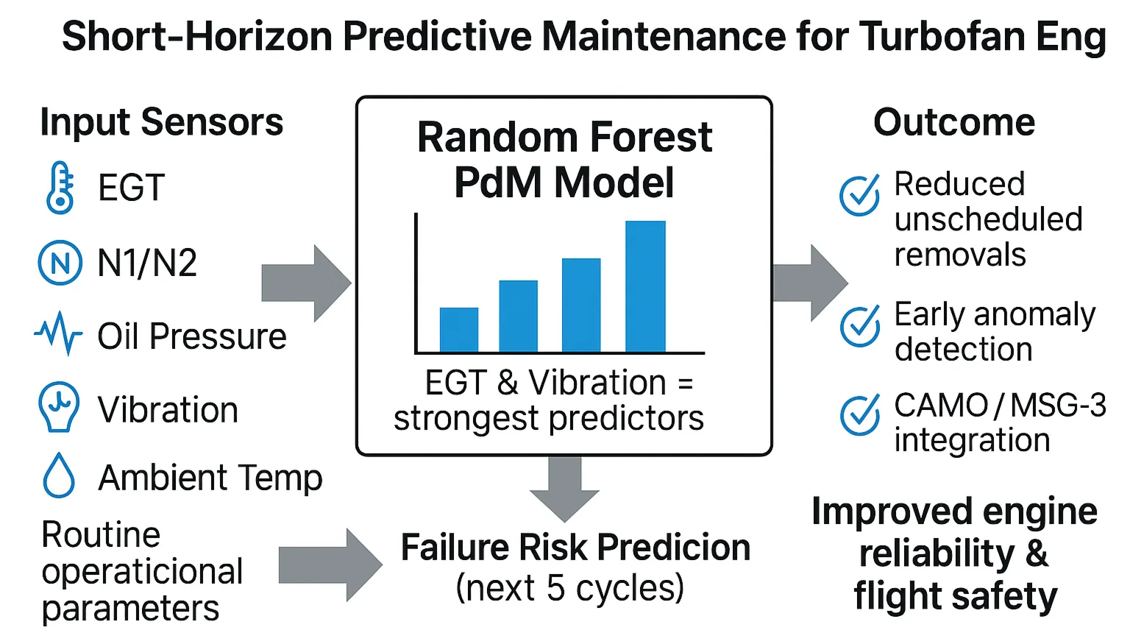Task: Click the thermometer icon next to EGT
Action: (x=60, y=188)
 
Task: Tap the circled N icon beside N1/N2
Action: (x=60, y=263)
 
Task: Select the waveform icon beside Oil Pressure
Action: (x=58, y=334)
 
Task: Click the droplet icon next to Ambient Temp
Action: (x=59, y=476)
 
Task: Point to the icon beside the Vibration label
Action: (x=58, y=406)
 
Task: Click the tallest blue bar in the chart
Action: (x=645, y=286)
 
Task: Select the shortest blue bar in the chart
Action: (x=459, y=330)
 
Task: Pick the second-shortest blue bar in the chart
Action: (x=518, y=316)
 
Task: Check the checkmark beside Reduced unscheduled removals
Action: (x=859, y=195)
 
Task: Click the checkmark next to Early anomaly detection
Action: (x=859, y=325)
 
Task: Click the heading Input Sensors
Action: (x=161, y=122)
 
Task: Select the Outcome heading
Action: (x=954, y=122)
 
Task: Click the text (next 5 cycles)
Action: (x=570, y=587)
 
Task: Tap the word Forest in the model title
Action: (x=650, y=138)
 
